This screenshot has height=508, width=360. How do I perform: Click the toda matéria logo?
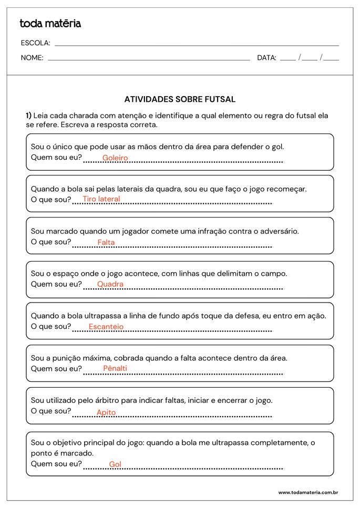tap(50, 23)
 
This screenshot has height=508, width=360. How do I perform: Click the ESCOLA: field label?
tap(35, 43)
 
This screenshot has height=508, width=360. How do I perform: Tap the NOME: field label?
tap(32, 58)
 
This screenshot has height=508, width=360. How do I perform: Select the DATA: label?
tap(266, 58)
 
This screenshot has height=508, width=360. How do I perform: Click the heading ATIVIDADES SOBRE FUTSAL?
tap(180, 99)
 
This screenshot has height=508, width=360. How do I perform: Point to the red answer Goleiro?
tap(115, 158)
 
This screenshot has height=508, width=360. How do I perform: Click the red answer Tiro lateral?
tap(101, 199)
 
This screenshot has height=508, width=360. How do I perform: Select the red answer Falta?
tap(106, 243)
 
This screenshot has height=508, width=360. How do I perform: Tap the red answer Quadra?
tap(110, 284)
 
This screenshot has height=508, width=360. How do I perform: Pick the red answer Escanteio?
tap(106, 327)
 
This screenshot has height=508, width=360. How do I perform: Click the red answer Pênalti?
tap(115, 368)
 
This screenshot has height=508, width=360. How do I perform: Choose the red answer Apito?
tap(106, 412)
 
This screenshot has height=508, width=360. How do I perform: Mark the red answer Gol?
tap(115, 464)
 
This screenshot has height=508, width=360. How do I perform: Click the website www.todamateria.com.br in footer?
tap(307, 493)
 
